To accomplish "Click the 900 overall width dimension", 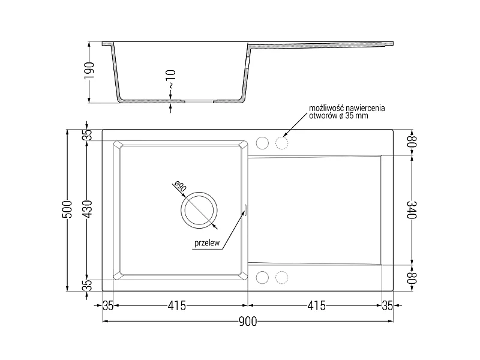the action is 248,322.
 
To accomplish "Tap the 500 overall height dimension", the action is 67,209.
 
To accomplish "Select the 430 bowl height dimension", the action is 88,209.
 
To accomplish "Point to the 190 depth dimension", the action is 89,70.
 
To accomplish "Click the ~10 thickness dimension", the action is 171,79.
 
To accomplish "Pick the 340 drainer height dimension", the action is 412,209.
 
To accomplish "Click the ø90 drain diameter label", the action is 180,186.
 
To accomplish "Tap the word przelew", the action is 207,243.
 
